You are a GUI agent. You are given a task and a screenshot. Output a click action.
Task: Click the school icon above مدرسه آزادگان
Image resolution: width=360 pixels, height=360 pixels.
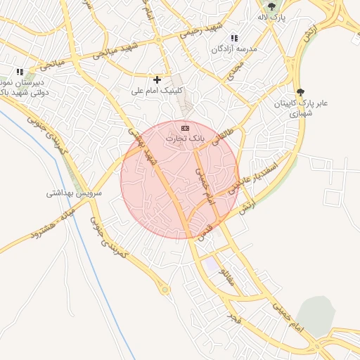pos(234,39)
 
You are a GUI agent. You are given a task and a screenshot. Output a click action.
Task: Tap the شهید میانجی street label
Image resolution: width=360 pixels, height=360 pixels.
pos(112,51)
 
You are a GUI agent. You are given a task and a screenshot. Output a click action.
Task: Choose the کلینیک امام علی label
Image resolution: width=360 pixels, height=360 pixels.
pos(157,91)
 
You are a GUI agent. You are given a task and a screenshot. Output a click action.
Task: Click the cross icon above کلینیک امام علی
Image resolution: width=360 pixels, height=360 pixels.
pos(157,79)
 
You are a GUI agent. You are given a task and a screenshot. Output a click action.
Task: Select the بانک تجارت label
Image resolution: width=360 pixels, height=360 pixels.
pos(184,139)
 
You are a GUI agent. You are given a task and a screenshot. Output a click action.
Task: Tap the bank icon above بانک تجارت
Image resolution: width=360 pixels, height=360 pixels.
pos(185,128)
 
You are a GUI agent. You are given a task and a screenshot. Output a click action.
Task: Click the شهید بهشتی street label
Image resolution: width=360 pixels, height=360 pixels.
pos(141,143)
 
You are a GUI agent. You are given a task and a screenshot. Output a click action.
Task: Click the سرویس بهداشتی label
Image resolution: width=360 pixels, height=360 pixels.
pos(75,192)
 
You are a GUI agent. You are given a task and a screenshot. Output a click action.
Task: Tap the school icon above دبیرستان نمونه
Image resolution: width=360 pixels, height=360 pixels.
pos(20,72)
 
